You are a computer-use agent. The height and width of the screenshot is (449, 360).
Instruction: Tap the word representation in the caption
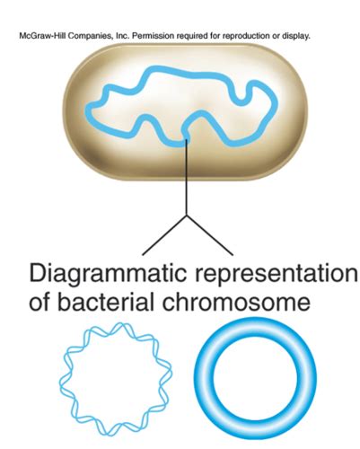coord(277,274)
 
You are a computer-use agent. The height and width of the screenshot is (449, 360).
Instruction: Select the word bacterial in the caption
coord(107,302)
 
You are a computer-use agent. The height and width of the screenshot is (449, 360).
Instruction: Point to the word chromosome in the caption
coord(236,302)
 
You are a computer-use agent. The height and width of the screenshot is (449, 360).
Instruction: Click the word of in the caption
coord(40,302)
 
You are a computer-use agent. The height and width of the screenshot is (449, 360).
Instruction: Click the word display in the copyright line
coord(296,37)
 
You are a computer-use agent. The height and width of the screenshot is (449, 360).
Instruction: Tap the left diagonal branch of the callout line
coord(164,235)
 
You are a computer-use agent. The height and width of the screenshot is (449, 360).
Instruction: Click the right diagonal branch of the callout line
coord(210,235)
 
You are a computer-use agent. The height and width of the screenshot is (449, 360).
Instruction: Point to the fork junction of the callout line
coord(187,216)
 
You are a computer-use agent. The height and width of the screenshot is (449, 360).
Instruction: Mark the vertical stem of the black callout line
coord(187,178)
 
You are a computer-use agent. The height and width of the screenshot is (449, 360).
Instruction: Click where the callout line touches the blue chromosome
coord(187,140)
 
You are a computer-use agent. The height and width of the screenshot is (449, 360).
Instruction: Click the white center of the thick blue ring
coord(255,378)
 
